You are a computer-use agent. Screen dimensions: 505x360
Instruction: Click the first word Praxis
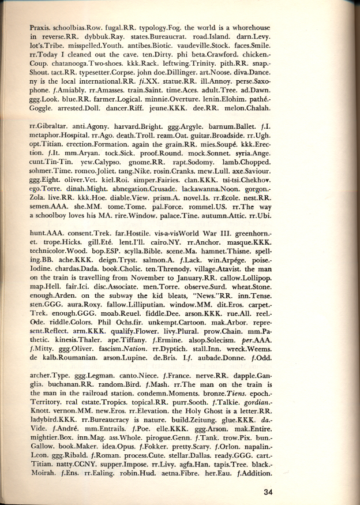pos(42,27)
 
